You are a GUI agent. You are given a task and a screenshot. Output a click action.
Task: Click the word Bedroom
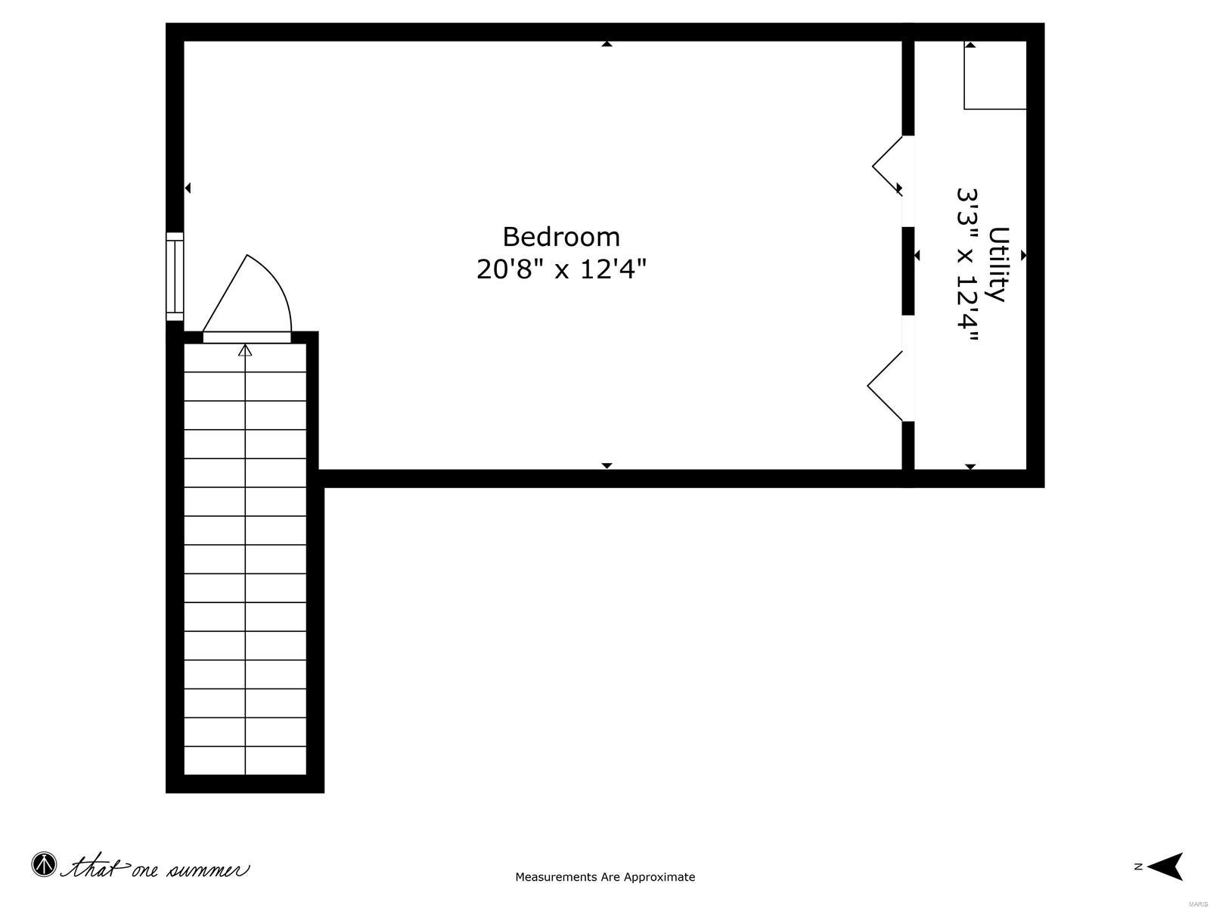pos(561,237)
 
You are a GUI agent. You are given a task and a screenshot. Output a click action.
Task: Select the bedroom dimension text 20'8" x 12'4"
pos(561,269)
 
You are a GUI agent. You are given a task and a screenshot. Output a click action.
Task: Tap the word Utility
pos(999,264)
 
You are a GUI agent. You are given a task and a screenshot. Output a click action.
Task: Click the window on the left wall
pos(175,276)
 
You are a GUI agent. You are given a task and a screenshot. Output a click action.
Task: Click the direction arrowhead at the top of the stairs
pos(245,350)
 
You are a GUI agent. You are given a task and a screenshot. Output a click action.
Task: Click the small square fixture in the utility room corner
pos(994,76)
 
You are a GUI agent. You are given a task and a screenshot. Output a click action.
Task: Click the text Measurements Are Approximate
pos(605,877)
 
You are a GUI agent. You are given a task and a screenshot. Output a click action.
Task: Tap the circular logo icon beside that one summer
pos(44,865)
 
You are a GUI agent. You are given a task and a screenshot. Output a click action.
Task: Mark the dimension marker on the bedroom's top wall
pos(607,45)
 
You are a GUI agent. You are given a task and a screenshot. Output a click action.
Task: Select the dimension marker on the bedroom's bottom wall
pos(607,465)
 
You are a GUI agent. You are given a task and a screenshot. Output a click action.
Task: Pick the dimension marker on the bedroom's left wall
pos(188,188)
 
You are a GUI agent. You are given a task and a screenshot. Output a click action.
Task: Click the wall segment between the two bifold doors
pos(908,270)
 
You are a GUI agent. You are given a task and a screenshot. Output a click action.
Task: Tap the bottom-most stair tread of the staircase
pos(245,760)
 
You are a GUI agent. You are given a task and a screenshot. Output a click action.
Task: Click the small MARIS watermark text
pos(1197,903)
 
